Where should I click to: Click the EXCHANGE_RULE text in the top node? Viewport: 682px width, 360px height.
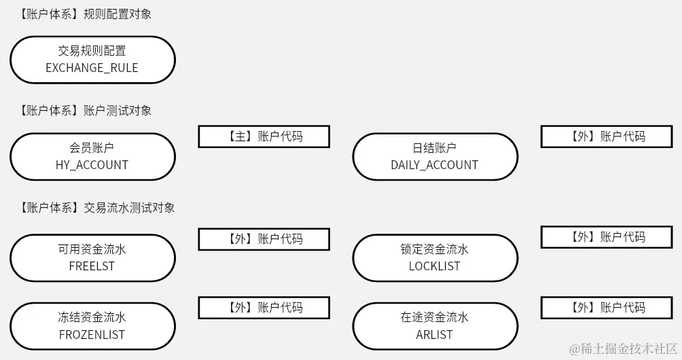[x=92, y=68]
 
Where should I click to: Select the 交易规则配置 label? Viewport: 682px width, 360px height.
[x=92, y=51]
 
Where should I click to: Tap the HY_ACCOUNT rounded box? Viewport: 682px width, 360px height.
[x=92, y=156]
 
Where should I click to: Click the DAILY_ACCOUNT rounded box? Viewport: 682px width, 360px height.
[x=435, y=156]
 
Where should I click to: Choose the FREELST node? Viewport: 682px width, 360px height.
[x=92, y=258]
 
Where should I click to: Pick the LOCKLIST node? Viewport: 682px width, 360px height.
[x=435, y=258]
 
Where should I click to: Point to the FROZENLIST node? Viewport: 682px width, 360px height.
[x=92, y=326]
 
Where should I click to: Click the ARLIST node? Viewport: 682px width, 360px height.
[x=435, y=326]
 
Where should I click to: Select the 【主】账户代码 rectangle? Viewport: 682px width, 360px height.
[x=264, y=137]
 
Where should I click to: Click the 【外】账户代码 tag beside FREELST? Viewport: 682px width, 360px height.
[x=264, y=239]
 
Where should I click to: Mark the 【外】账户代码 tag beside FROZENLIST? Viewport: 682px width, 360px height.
[x=264, y=308]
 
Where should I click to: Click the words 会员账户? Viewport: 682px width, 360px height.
[x=92, y=147]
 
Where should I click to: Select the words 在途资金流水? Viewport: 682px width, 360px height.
[x=435, y=317]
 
